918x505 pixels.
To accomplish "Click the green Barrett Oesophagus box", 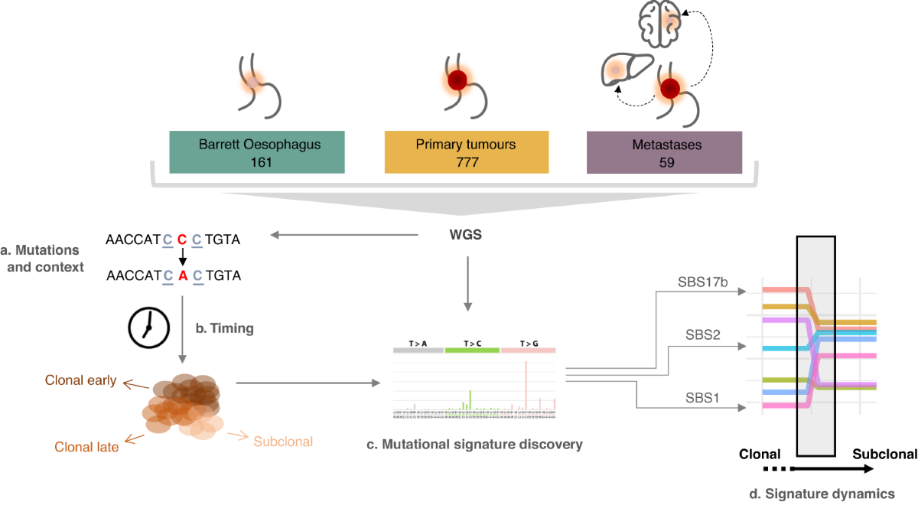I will pyautogui.click(x=256, y=151).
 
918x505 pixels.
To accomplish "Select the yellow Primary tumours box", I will pyautogui.click(x=466, y=151).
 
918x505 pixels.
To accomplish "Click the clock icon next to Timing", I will pyautogui.click(x=147, y=327).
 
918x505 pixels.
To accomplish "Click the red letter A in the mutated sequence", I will pyautogui.click(x=182, y=276).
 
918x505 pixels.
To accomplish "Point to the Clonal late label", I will pyautogui.click(x=86, y=447).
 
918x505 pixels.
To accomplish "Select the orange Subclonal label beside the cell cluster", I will pyautogui.click(x=283, y=441).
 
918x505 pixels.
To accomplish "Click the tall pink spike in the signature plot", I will pyautogui.click(x=526, y=386).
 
